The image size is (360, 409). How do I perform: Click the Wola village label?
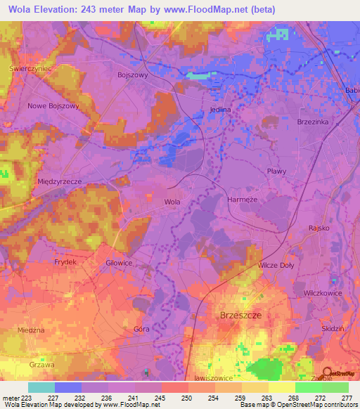pyautogui.click(x=172, y=202)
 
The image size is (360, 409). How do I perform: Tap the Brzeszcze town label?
pyautogui.click(x=240, y=316)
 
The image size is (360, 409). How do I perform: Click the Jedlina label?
pyautogui.click(x=220, y=110)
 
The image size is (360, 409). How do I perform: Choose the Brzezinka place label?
pyautogui.click(x=314, y=122)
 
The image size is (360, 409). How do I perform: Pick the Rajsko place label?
pyautogui.click(x=319, y=228)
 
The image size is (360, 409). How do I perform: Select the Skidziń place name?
pyautogui.click(x=332, y=329)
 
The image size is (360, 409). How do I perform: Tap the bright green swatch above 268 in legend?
pyautogui.click(x=308, y=387)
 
